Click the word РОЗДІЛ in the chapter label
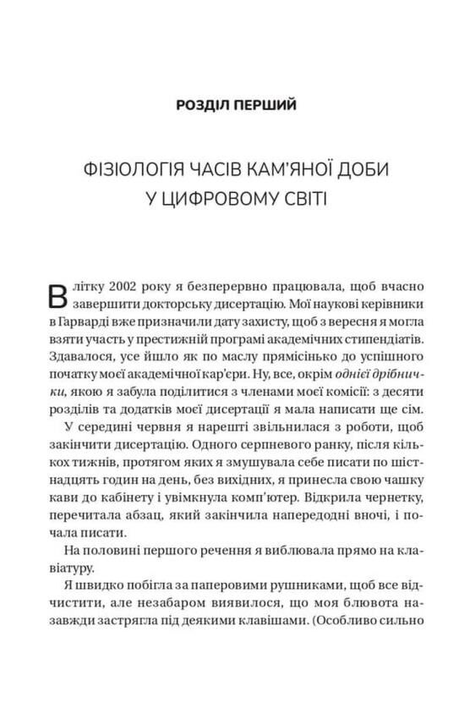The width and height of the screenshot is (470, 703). tap(204, 106)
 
